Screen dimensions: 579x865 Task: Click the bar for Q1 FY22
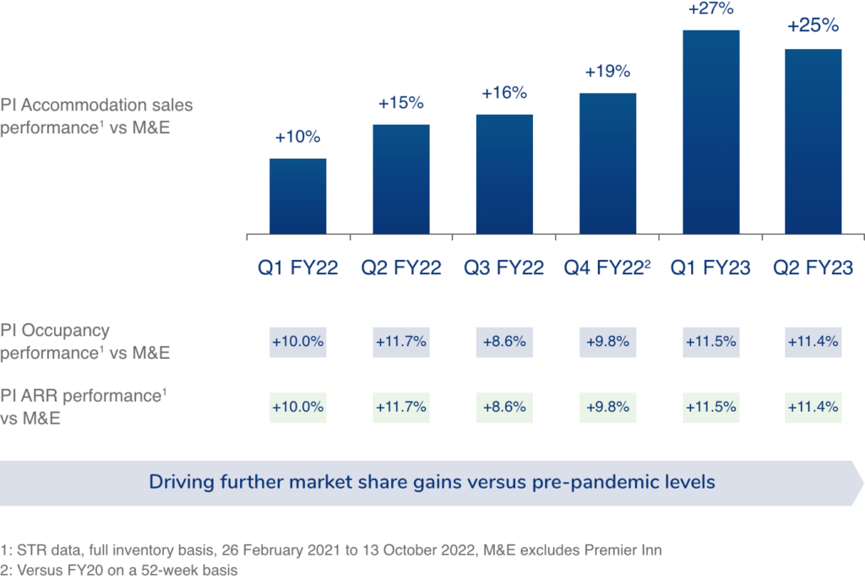coord(298,196)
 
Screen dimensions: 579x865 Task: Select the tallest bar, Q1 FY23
coord(711,132)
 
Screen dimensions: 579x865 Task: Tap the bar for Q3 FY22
coord(504,174)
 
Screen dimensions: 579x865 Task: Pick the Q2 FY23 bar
coord(813,141)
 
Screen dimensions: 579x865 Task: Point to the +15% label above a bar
coord(401,103)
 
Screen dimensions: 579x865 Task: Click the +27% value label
coord(711,10)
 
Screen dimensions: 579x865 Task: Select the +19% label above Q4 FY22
coord(607,72)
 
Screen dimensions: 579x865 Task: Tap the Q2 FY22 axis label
coord(401,268)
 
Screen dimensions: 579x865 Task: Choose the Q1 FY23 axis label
coord(711,268)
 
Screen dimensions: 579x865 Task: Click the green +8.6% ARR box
coord(504,407)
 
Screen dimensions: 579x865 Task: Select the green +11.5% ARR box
coord(711,407)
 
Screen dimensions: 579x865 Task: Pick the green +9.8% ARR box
coord(608,407)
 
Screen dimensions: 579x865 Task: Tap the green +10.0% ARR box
coord(298,407)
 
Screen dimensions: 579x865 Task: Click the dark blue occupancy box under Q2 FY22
coord(401,342)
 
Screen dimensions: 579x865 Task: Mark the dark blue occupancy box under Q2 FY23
coord(813,342)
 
